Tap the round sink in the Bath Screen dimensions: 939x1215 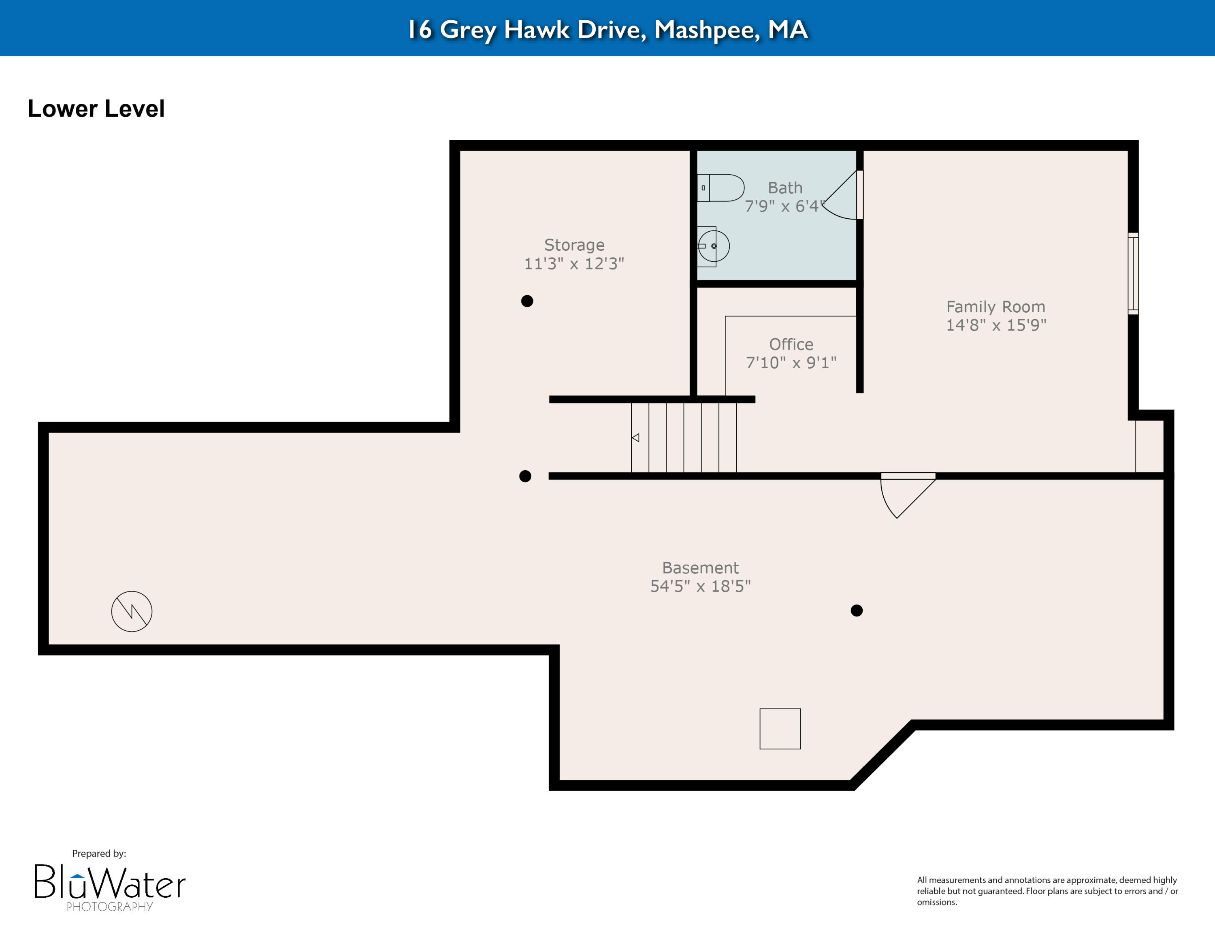[x=713, y=246]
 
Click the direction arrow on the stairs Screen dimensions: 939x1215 [x=635, y=438]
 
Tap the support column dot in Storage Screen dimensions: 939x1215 [x=527, y=301]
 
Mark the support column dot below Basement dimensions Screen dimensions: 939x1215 [x=856, y=610]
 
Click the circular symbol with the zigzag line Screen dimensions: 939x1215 [x=132, y=611]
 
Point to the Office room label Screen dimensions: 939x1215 [x=791, y=344]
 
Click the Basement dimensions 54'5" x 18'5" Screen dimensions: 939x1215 [x=700, y=586]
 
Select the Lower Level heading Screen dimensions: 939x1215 [x=96, y=109]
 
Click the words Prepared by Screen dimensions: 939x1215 [x=99, y=854]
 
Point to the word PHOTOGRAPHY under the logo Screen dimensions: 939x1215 [x=110, y=907]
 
